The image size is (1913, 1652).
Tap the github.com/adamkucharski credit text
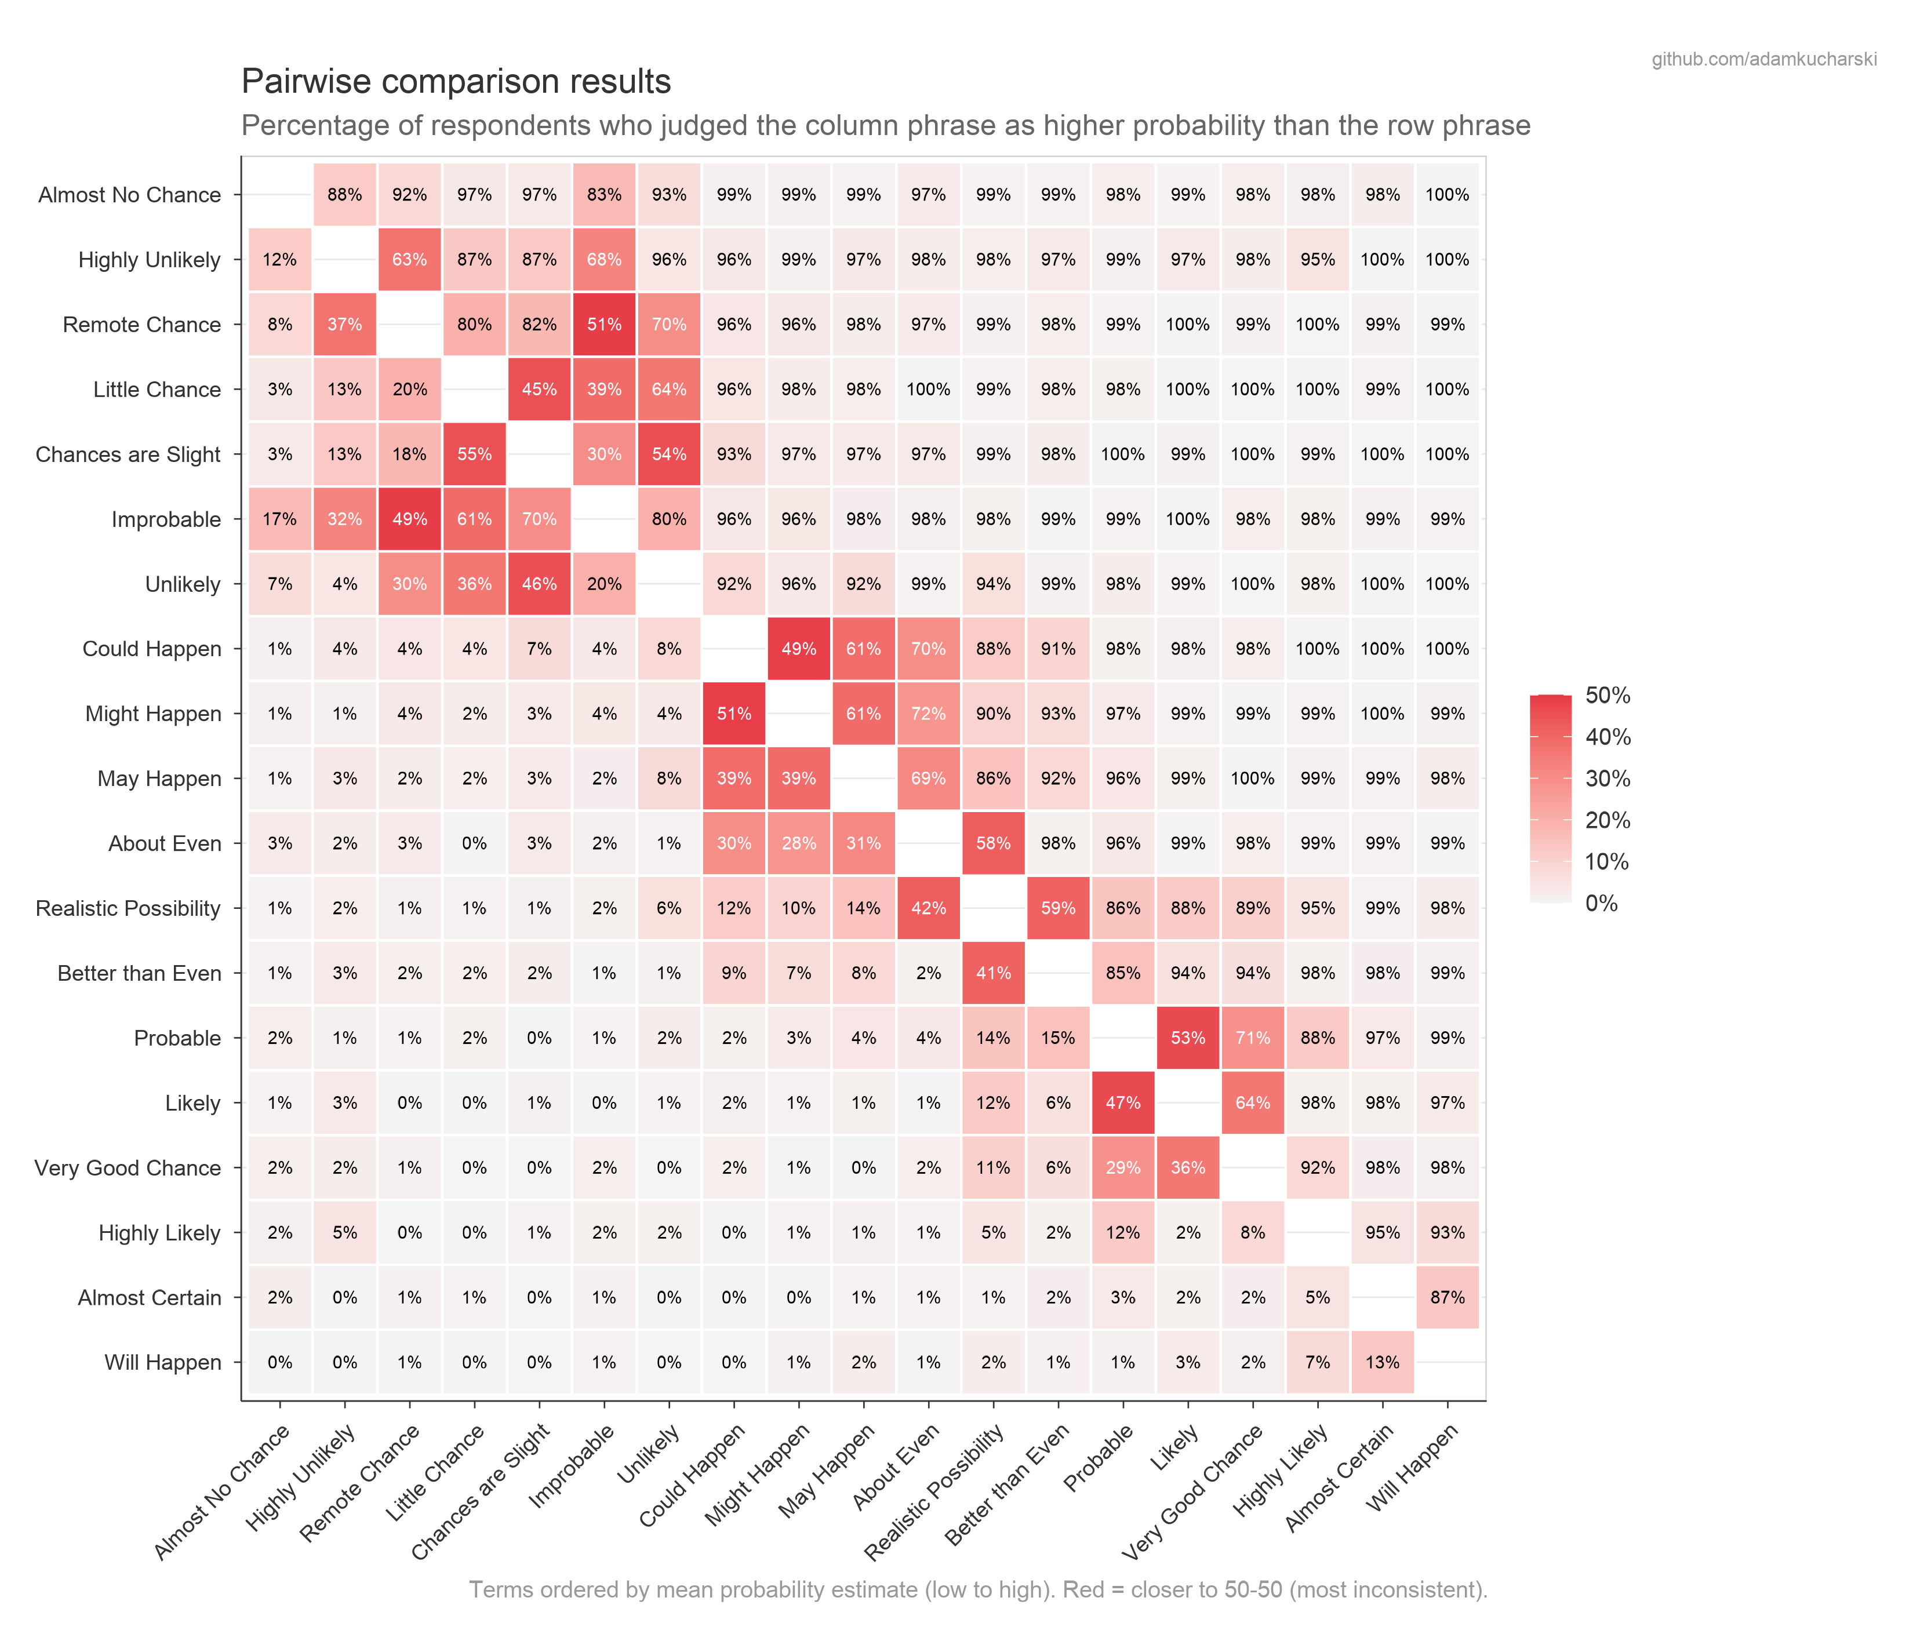[1763, 59]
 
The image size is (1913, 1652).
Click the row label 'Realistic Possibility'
[128, 909]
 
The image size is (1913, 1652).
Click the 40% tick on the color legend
[1607, 737]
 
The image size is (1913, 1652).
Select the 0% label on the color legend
[1601, 903]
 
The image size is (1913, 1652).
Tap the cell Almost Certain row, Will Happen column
[1447, 1297]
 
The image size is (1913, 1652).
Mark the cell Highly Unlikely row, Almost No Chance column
[280, 260]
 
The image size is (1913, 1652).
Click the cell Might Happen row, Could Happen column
[734, 714]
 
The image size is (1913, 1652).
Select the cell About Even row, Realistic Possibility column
[994, 843]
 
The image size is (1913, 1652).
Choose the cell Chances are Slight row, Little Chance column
[475, 454]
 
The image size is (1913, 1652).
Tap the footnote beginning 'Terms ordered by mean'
[978, 1590]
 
